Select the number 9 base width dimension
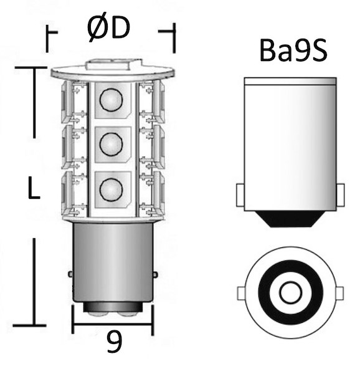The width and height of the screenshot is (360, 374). tap(113, 342)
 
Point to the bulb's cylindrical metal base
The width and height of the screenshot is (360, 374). tap(112, 262)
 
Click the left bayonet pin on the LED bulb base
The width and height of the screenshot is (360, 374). tap(69, 274)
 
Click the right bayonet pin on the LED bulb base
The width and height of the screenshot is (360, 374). tap(155, 274)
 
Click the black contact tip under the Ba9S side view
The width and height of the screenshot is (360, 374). tap(290, 218)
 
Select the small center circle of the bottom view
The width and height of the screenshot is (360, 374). tap(290, 292)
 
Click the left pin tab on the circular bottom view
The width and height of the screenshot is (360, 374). tap(242, 292)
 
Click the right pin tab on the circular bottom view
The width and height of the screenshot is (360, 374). tap(339, 292)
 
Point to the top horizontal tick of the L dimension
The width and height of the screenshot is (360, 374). tap(31, 67)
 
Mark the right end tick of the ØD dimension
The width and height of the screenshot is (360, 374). tap(174, 37)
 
